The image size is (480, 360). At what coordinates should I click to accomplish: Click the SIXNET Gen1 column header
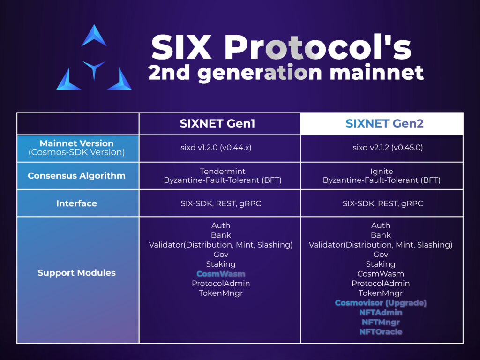point(220,124)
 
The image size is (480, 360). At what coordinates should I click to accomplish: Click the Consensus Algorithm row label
point(77,176)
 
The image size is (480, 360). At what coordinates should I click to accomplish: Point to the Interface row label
point(77,203)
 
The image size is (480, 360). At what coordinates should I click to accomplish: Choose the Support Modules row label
point(77,273)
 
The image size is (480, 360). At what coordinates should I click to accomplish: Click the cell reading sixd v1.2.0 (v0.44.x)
point(220,148)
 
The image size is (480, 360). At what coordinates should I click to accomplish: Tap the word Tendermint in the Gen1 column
point(220,172)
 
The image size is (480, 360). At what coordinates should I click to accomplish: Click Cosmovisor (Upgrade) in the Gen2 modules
point(381,303)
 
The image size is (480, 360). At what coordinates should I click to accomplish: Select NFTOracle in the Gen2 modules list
point(381,332)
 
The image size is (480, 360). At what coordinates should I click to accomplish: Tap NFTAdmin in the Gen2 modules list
point(381,312)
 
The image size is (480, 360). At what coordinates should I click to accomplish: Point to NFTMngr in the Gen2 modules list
point(381,322)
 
